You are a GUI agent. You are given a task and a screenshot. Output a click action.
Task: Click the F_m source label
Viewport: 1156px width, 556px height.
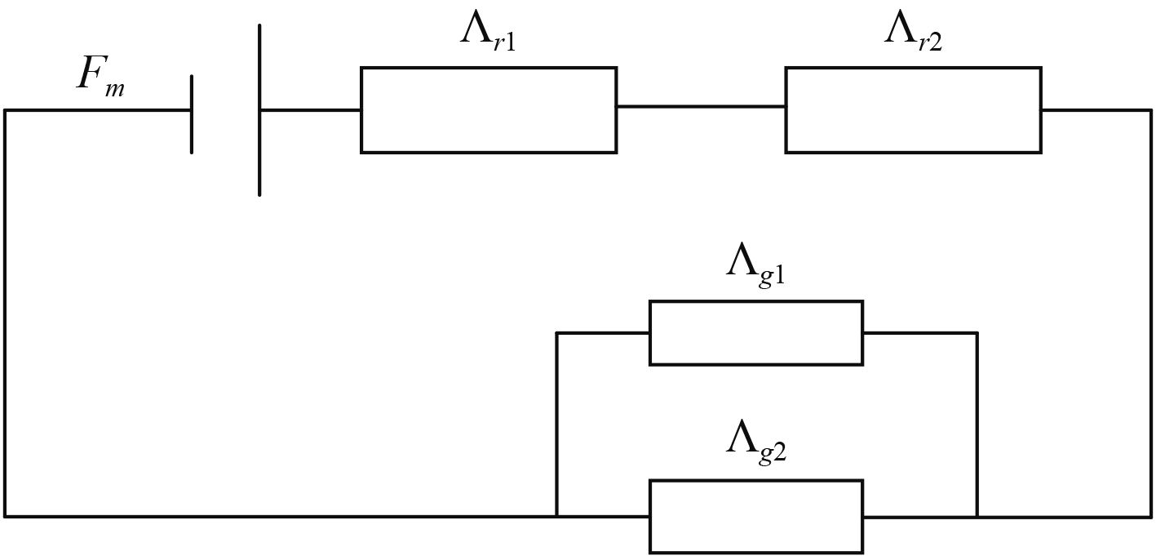tap(100, 77)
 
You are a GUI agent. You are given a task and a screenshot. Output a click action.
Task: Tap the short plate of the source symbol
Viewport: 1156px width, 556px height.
tap(192, 113)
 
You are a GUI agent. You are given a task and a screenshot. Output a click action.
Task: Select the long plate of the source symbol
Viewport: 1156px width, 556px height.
tap(259, 110)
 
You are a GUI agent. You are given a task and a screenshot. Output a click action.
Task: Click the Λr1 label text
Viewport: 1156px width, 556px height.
tap(488, 33)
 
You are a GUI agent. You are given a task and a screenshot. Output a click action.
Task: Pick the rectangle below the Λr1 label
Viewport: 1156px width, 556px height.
tap(488, 109)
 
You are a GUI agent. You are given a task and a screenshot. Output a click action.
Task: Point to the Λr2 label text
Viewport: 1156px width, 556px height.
tap(913, 33)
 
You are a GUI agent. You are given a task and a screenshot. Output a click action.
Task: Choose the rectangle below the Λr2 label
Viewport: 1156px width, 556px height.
tap(913, 109)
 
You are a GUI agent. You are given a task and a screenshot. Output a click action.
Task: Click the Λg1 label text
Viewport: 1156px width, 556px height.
tap(755, 265)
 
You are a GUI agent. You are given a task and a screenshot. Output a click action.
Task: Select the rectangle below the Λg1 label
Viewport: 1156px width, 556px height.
tap(755, 332)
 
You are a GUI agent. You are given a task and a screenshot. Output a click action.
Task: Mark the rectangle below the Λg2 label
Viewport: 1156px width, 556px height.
tap(755, 516)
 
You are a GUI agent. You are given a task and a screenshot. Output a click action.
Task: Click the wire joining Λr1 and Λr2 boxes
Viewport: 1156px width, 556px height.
tap(701, 106)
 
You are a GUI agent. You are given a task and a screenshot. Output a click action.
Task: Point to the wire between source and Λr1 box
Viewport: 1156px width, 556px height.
tap(310, 109)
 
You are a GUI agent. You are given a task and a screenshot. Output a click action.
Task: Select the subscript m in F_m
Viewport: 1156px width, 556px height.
tap(115, 87)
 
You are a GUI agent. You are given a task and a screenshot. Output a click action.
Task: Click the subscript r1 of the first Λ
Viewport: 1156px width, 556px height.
tap(504, 42)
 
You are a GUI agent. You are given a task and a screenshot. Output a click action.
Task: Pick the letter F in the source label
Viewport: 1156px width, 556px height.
tap(90, 73)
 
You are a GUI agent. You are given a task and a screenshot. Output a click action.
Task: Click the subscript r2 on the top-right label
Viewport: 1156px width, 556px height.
tap(929, 42)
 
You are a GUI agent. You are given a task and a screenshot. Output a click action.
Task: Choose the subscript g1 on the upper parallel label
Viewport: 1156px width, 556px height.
tap(773, 275)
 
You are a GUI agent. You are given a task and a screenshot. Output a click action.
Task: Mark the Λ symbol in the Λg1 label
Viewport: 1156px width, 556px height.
tap(741, 260)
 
